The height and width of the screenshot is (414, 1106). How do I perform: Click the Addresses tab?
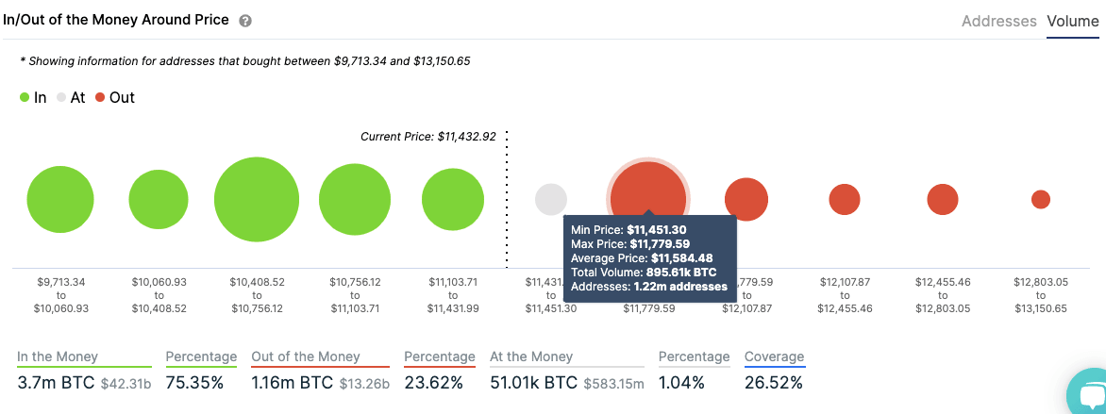tap(998, 21)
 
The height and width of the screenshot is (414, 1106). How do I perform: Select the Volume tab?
tap(1072, 21)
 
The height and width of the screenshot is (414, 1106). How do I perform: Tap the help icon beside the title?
tap(245, 21)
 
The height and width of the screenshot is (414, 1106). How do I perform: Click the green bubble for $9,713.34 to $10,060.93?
tap(60, 200)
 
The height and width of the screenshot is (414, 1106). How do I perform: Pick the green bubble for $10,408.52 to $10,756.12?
tap(257, 200)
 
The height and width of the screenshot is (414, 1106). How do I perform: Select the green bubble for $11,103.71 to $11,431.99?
tap(453, 200)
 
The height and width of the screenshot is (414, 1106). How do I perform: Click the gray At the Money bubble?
tap(551, 200)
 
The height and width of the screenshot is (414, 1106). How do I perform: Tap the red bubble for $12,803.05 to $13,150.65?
tap(1041, 199)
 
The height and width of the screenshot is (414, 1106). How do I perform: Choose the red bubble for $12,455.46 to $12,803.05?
tap(943, 199)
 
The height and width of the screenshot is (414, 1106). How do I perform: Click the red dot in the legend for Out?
tap(100, 97)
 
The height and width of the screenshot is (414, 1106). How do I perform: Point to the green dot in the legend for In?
tap(25, 97)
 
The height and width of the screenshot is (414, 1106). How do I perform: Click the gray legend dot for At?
tap(61, 97)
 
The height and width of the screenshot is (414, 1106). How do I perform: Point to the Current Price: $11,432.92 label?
tap(427, 137)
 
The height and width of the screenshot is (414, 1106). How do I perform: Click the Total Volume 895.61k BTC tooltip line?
tap(644, 272)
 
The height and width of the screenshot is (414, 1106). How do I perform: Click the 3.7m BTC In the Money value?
tap(49, 383)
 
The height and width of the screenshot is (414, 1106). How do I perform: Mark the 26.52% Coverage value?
tap(774, 383)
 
